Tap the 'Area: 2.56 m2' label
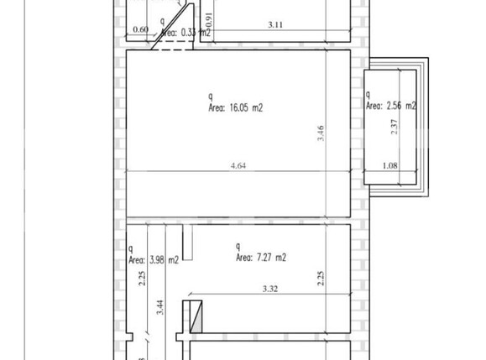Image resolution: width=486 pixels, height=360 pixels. tap(391, 107)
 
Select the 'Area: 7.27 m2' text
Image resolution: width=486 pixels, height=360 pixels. tap(261, 258)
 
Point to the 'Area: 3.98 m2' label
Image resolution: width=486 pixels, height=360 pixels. tap(154, 260)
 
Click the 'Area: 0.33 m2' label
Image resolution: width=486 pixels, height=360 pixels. tap(184, 33)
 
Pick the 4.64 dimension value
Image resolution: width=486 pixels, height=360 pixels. tap(238, 165)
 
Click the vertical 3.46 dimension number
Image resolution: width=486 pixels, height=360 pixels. tap(321, 133)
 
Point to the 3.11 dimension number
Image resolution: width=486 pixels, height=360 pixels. tap(275, 26)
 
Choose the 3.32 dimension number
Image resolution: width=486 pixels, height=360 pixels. tap(270, 290)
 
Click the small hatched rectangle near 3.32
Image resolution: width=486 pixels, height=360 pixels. tap(196, 316)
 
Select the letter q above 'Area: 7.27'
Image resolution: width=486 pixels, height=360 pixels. tap(238, 246)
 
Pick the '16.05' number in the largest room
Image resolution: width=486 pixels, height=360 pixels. tap(243, 107)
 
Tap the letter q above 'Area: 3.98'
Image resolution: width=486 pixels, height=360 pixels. tap(131, 248)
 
